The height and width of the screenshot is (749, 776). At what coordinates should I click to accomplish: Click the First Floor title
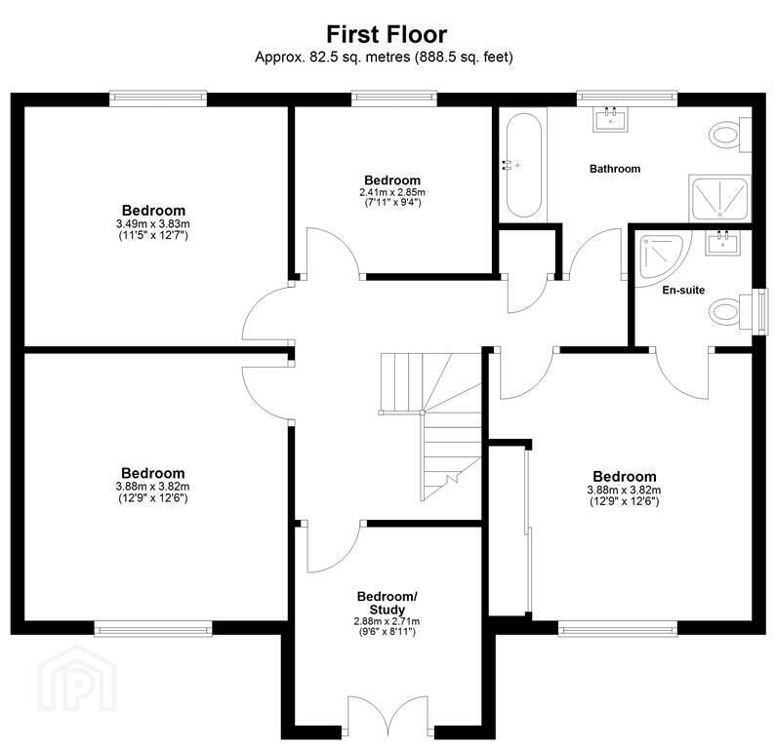tap(387, 34)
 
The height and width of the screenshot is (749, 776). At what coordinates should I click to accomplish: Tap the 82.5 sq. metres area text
tap(360, 58)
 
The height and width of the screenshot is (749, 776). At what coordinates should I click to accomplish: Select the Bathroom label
tap(615, 169)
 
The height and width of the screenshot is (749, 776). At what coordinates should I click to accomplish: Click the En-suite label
tap(683, 291)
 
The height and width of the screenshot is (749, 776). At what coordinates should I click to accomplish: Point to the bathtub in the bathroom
tap(523, 165)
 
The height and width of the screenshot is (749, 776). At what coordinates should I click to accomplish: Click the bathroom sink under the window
tap(611, 119)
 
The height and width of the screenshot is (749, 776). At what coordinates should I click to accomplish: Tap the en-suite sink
tap(723, 243)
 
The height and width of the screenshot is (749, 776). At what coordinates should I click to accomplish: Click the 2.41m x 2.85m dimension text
tap(392, 192)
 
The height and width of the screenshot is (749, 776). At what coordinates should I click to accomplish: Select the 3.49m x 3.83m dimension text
tap(153, 224)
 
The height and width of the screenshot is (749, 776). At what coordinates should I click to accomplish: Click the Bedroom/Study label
tap(388, 603)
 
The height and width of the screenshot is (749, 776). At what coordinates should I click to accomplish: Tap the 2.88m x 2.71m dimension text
tap(387, 621)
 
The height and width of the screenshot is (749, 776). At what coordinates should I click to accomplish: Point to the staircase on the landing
tap(430, 426)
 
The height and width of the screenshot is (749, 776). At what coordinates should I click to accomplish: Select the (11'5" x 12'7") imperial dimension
tap(153, 235)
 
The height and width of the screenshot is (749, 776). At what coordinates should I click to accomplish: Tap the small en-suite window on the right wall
tap(761, 312)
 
